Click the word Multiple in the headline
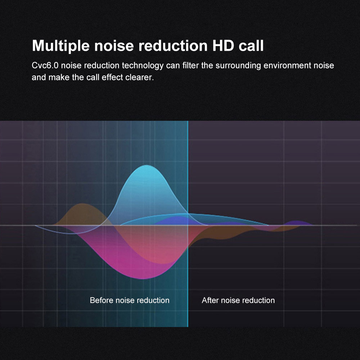[60, 46]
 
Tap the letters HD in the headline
[223, 45]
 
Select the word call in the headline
[251, 45]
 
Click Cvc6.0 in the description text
[45, 66]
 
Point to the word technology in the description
[143, 66]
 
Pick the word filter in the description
[190, 66]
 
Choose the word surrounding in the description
[238, 66]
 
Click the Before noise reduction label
[130, 300]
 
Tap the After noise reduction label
[238, 300]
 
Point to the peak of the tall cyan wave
[146, 165]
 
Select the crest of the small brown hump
[81, 204]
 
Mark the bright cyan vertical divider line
[188, 224]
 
